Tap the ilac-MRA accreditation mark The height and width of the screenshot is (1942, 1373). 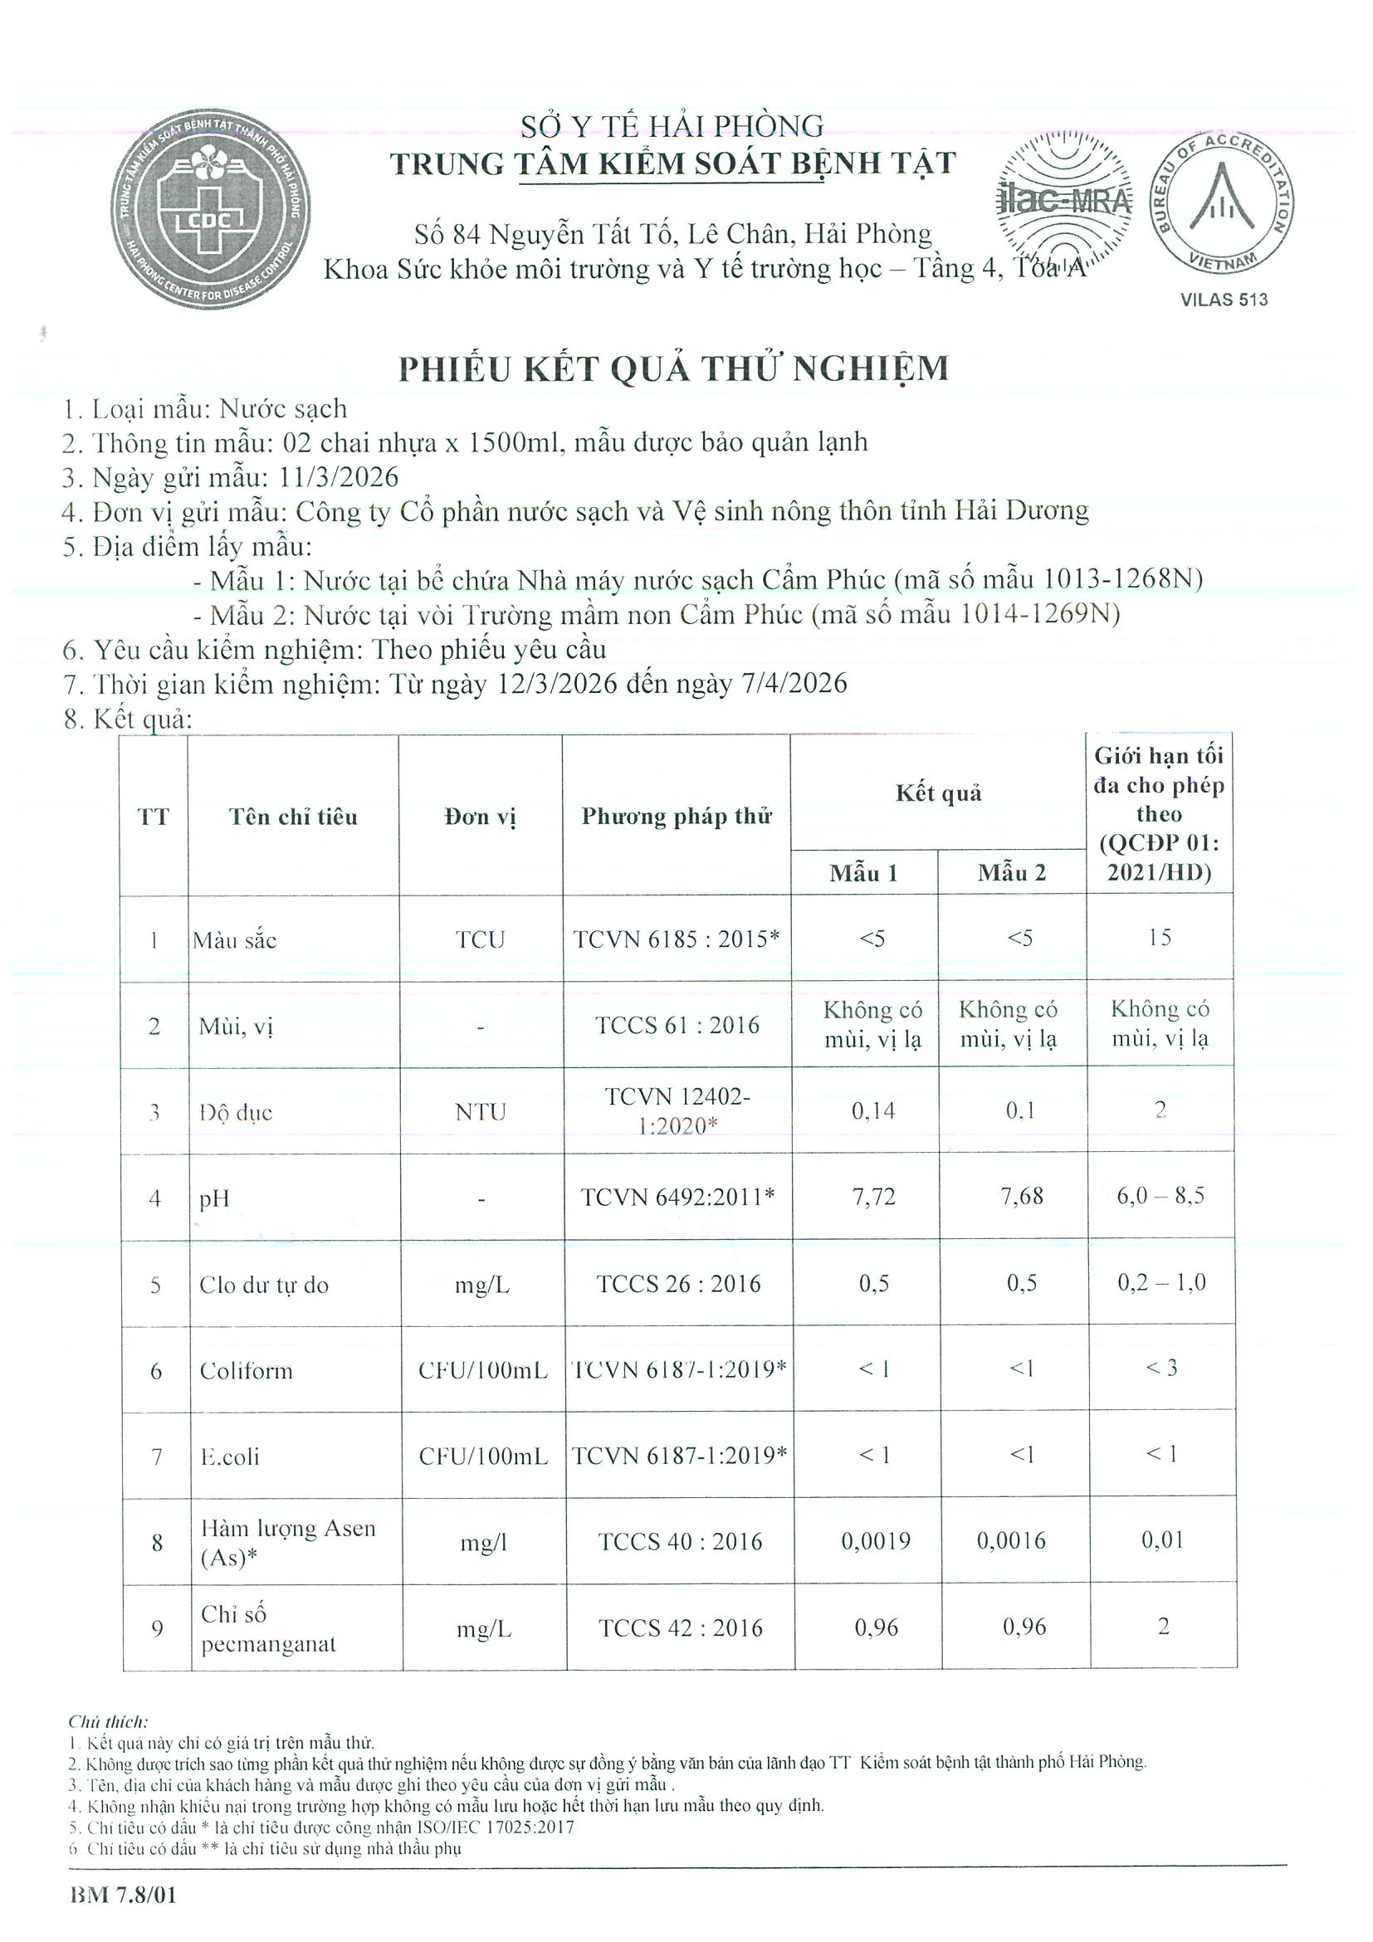click(1064, 200)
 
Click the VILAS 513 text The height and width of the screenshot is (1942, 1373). click(1224, 300)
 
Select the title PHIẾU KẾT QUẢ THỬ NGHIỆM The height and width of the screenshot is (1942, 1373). click(673, 368)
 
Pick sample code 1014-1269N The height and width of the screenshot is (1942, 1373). click(1039, 614)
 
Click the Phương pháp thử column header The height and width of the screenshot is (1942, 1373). click(676, 816)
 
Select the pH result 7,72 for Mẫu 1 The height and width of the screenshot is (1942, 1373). click(873, 1197)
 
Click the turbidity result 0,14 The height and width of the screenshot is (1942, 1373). click(873, 1110)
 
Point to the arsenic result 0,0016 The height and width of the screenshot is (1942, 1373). click(1011, 1540)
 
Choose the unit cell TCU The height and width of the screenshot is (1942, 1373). click(480, 939)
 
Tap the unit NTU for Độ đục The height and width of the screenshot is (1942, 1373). click(480, 1111)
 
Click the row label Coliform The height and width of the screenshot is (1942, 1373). click(247, 1370)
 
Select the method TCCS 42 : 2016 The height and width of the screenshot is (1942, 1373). click(680, 1627)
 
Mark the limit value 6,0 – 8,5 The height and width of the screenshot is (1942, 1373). click(1160, 1196)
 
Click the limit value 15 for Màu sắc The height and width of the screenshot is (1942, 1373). click(1159, 937)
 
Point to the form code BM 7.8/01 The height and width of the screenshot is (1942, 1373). click(124, 1895)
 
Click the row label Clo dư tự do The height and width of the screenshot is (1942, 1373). click(264, 1285)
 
